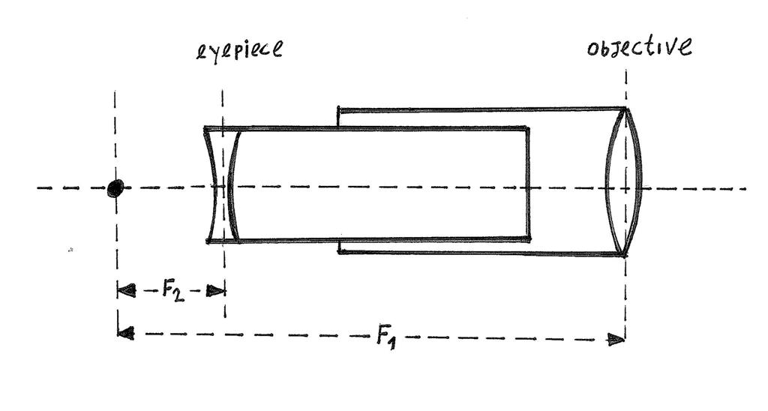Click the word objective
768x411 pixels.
(639, 47)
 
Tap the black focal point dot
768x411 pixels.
(115, 187)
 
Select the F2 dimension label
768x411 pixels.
(172, 289)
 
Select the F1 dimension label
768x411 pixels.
(385, 337)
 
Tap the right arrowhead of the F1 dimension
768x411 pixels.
(616, 340)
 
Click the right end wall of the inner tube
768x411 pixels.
(528, 184)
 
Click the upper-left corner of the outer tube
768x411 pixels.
(339, 109)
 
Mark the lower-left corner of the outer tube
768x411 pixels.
(340, 251)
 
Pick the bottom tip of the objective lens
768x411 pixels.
(624, 255)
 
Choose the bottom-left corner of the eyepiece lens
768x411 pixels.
(207, 241)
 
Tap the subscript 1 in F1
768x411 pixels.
(393, 342)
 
